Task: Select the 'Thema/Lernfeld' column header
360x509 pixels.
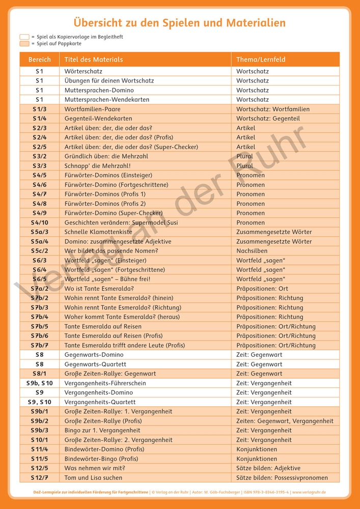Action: point(261,60)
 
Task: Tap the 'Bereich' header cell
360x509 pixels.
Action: point(40,60)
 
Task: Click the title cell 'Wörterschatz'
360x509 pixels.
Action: point(83,72)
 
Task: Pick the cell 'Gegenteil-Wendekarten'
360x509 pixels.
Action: point(96,119)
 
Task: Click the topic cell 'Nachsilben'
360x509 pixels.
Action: point(252,251)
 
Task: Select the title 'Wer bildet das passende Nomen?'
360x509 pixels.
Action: point(111,251)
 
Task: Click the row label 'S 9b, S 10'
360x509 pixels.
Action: point(40,383)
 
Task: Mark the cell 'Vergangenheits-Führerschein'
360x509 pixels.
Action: point(105,383)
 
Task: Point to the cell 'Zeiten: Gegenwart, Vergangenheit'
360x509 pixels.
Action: point(285,421)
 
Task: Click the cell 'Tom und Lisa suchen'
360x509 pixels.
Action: point(93,478)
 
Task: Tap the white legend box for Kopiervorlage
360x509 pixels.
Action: point(24,37)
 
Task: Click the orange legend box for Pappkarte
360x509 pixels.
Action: point(24,44)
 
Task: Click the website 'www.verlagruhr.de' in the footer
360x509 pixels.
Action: point(308,493)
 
